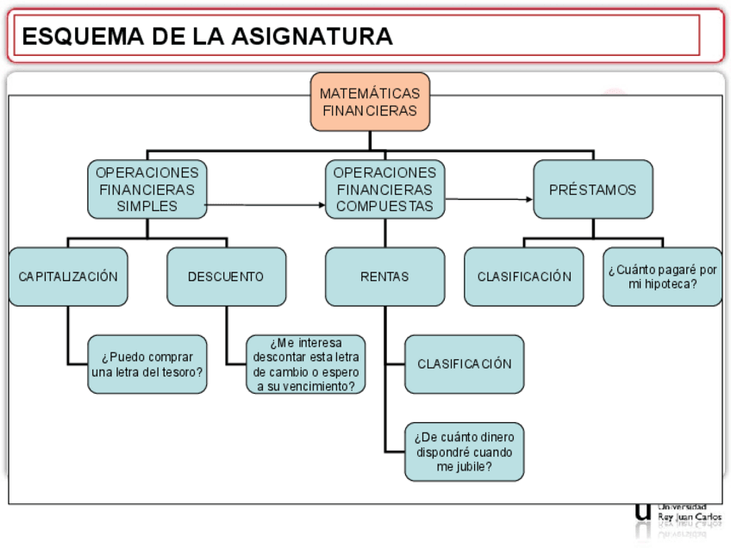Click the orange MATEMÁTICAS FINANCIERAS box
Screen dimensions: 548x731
click(x=370, y=102)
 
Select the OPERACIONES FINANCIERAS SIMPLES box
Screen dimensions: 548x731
click(x=147, y=190)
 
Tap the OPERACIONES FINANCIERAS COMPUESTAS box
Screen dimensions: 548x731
click(x=384, y=190)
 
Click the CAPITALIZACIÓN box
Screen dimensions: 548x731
click(x=68, y=277)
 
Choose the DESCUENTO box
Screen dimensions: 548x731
click(x=226, y=277)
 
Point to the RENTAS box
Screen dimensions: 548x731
click(x=384, y=277)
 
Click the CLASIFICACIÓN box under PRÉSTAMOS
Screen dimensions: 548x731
click(x=524, y=277)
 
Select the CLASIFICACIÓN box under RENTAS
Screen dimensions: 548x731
click(x=465, y=364)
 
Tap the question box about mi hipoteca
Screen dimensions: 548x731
click(x=662, y=277)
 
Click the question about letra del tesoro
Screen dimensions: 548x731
click(x=147, y=364)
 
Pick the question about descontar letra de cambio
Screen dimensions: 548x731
click(x=306, y=364)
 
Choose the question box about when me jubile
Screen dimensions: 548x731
click(x=465, y=451)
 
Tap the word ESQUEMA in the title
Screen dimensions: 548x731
click(x=72, y=36)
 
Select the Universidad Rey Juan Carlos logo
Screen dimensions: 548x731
click(x=678, y=512)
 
